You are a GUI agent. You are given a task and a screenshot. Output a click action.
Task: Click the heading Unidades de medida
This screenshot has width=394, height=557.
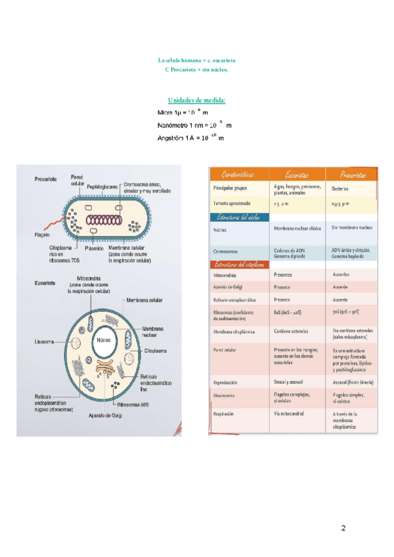(x=197, y=100)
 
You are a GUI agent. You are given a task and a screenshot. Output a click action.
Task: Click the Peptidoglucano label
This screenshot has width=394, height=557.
(x=102, y=187)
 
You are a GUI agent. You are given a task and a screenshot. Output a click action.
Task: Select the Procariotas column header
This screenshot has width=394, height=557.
(x=353, y=174)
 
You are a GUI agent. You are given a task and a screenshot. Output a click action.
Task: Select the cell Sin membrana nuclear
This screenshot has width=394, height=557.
(x=352, y=227)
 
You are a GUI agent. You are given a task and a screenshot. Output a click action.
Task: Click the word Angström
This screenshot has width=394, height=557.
(x=171, y=138)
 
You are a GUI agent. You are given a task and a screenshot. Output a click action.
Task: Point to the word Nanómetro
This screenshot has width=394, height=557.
(x=175, y=125)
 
